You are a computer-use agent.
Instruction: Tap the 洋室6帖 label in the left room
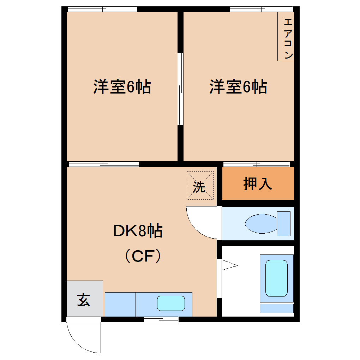coord(122,87)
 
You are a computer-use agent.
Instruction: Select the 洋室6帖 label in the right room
coord(238,87)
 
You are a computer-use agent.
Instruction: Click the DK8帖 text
coord(138,231)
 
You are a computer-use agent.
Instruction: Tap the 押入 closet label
coord(258,184)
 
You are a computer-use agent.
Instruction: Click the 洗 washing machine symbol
coord(200,186)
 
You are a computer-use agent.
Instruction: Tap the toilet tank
coord(283,224)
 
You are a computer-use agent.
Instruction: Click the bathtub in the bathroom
coord(276,278)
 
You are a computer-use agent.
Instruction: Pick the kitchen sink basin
coord(171,303)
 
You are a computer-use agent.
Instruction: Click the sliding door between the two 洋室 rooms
coord(180,89)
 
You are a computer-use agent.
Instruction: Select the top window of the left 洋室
coord(102,10)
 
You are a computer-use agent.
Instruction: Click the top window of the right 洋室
coord(261,10)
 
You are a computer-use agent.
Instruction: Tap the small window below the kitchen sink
coord(161,319)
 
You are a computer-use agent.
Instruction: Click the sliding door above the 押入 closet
coord(257,164)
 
